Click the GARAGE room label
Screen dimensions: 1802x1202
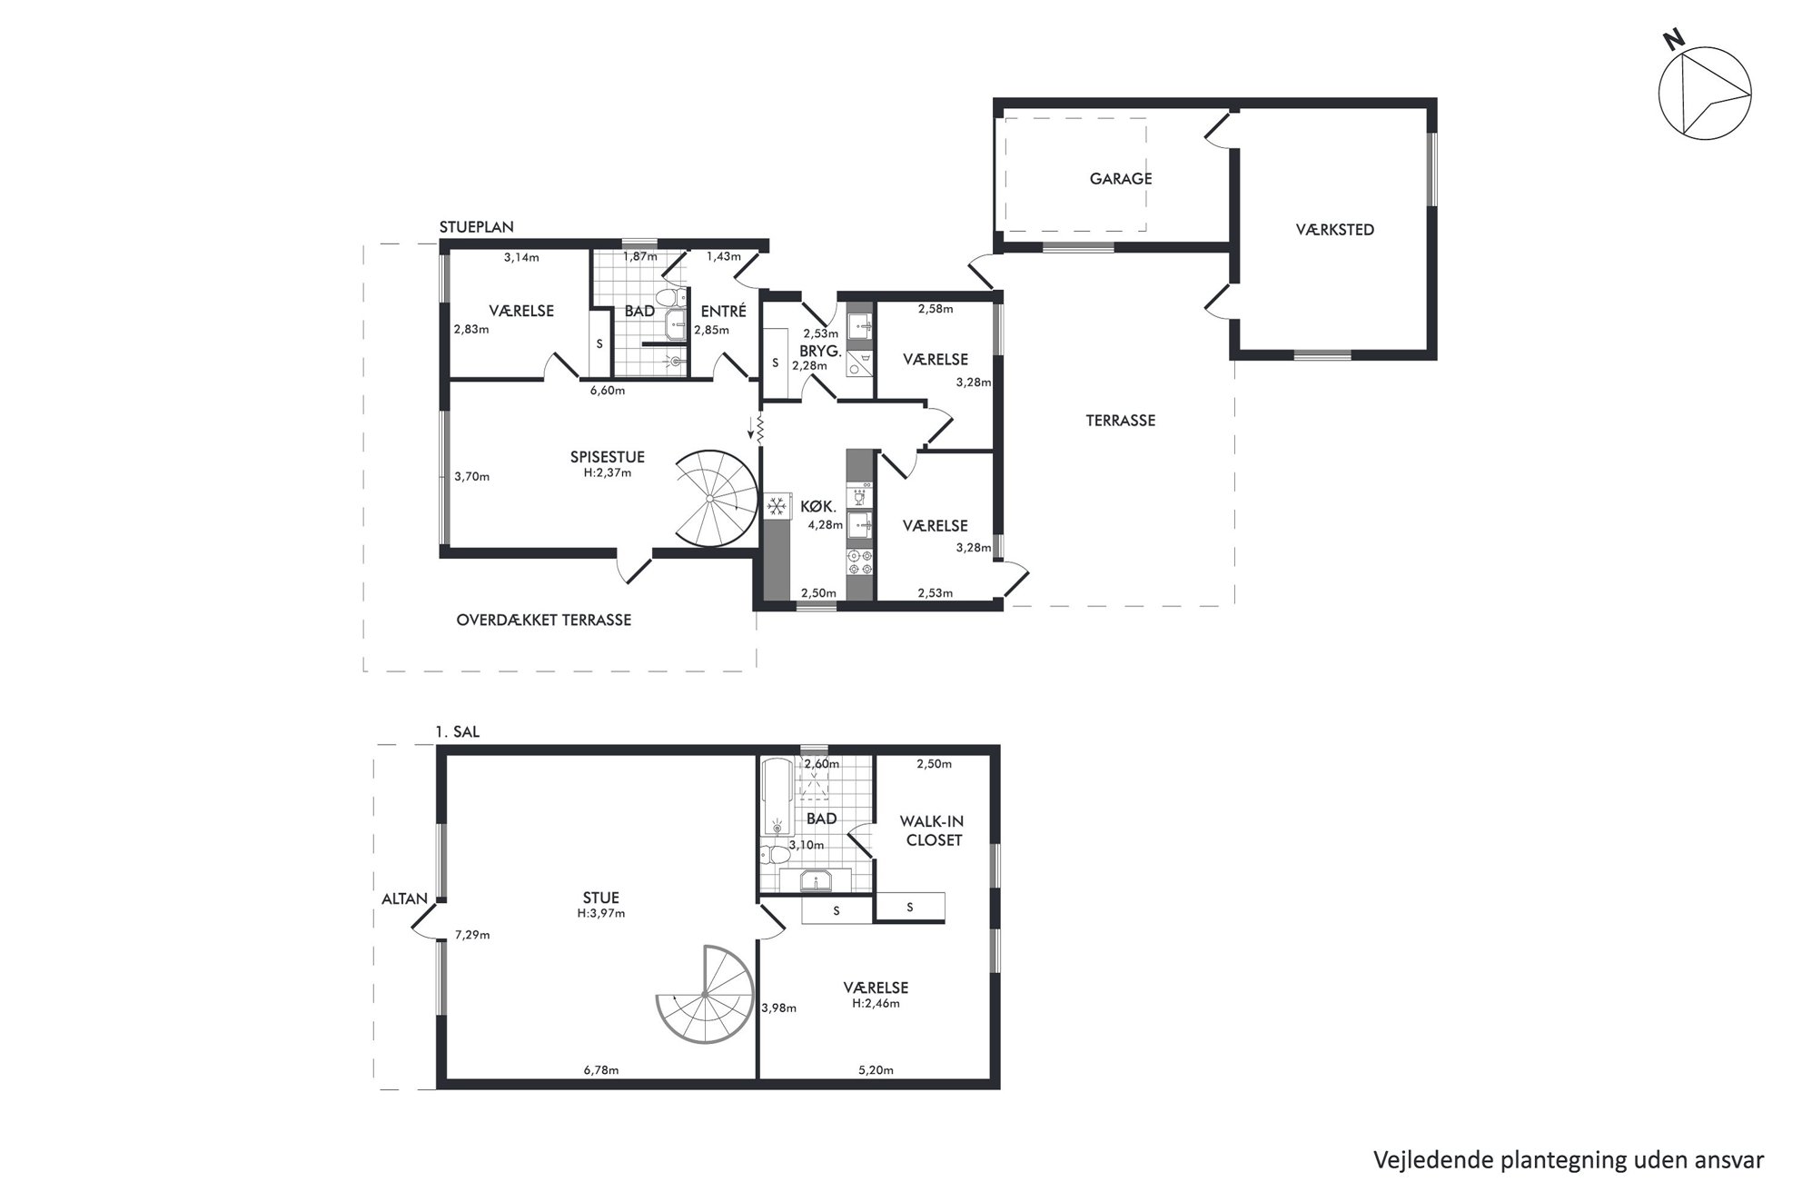click(1121, 179)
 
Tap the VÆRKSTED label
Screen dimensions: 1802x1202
click(1334, 230)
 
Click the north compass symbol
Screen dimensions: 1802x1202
click(1705, 94)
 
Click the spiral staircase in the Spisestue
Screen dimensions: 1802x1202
click(717, 500)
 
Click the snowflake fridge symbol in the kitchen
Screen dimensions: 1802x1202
click(776, 507)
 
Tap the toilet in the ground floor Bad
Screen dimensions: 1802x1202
click(670, 297)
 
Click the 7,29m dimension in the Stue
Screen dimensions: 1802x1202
click(472, 935)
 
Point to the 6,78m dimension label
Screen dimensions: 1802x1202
click(601, 1070)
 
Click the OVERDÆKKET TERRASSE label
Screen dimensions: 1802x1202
click(543, 621)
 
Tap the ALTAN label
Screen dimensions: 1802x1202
click(404, 899)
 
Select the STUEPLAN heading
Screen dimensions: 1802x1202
click(477, 228)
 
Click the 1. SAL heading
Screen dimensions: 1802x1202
click(458, 732)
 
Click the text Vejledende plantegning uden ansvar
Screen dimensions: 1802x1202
click(1569, 1160)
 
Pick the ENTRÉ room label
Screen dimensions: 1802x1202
click(723, 311)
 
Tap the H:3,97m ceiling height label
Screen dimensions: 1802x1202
click(601, 913)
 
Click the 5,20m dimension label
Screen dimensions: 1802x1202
click(876, 1070)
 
